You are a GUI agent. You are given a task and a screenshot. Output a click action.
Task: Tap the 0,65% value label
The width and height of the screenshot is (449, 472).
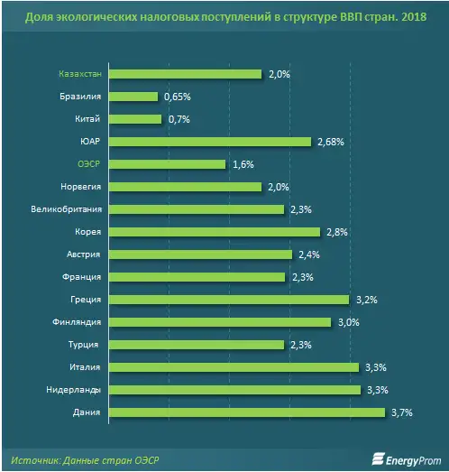point(178,97)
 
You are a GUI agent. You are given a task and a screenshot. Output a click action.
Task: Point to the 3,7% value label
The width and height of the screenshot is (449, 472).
point(401,412)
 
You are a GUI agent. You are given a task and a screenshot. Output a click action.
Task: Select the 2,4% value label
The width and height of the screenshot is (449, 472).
point(308,255)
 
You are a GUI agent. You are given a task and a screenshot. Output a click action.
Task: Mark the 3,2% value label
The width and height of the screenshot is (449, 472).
point(365,300)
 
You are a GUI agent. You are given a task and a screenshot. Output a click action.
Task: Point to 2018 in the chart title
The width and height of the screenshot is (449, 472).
point(420,17)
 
